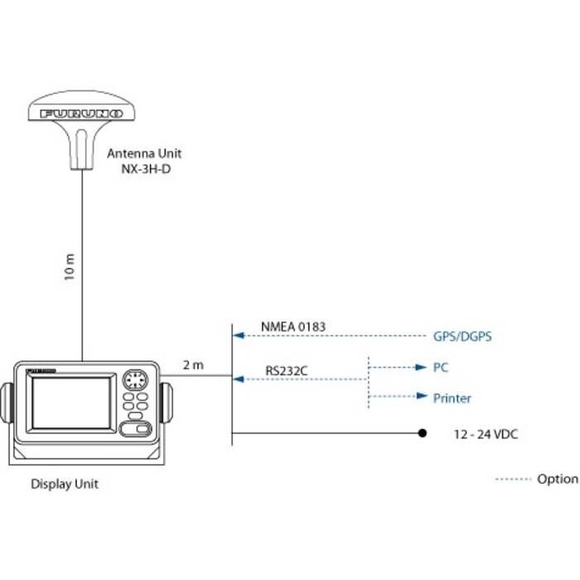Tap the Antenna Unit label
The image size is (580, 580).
(144, 153)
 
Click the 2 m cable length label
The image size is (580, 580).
(192, 365)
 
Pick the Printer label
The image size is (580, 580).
(452, 399)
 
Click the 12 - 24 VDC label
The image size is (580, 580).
(486, 434)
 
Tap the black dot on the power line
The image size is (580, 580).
(422, 433)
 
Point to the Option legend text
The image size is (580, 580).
(558, 479)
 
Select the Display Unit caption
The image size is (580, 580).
(64, 484)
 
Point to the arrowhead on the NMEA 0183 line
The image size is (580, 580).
(239, 336)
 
